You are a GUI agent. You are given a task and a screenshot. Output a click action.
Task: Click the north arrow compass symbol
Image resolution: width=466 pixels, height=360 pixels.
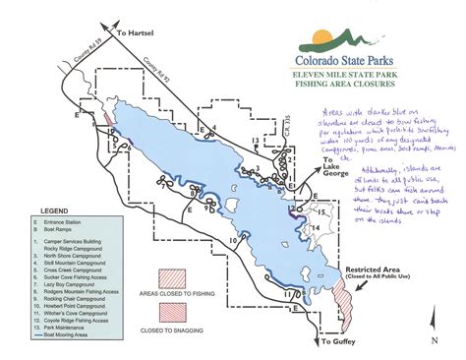433,330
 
